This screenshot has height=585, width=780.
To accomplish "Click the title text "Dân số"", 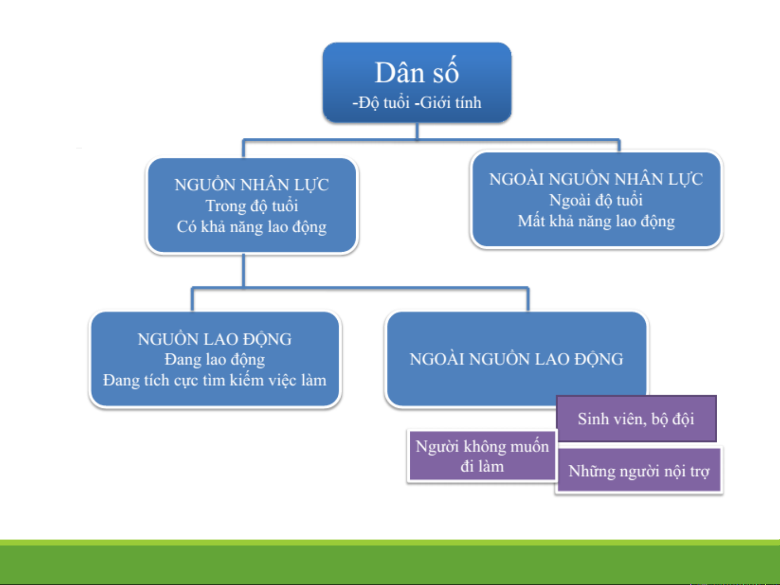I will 417,73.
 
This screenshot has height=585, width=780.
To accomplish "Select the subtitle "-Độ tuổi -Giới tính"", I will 417,102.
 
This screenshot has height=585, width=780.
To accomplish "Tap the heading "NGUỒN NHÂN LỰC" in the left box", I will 252,185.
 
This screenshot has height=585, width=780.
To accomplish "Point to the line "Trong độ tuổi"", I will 252,206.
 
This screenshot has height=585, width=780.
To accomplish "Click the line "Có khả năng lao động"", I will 252,227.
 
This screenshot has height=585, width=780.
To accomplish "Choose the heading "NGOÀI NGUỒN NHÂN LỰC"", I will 596,179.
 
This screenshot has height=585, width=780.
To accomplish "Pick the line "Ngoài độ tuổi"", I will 596,200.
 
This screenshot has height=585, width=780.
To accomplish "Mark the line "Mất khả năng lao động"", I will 596,221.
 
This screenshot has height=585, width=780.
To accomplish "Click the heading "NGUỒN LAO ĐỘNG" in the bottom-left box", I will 214,339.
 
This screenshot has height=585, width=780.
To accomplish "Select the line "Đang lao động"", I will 214,360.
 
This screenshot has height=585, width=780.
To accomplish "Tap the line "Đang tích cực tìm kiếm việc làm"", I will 214,380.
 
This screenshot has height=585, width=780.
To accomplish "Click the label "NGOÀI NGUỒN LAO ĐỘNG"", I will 516,359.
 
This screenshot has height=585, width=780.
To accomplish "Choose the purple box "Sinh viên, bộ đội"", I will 636,419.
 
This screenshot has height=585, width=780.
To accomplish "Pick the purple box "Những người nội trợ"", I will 639,471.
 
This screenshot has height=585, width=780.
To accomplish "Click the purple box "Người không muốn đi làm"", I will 482,456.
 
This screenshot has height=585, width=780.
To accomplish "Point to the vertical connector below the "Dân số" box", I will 417,132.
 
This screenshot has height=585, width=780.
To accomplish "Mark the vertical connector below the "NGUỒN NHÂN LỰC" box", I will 244,270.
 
